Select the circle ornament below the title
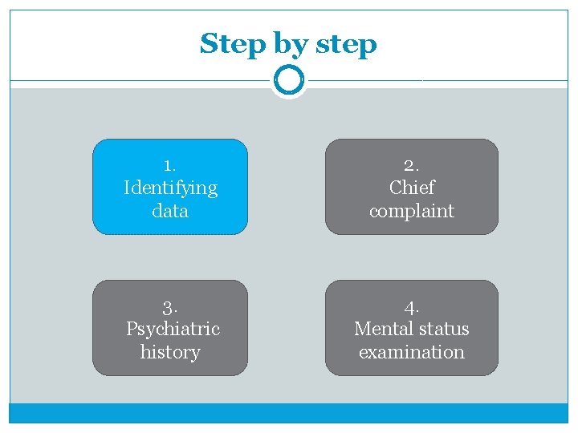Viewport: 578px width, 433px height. [x=288, y=80]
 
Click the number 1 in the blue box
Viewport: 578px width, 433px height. [x=169, y=165]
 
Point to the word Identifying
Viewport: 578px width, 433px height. [x=170, y=188]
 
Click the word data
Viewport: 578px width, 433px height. [x=170, y=211]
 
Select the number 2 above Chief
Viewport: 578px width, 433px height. [x=410, y=165]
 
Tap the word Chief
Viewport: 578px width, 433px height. [x=412, y=188]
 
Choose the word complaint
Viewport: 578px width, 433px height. [x=412, y=211]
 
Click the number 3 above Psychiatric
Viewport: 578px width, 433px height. [x=169, y=307]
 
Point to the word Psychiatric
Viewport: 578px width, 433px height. [x=173, y=329]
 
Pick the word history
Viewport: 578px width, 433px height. [x=170, y=352]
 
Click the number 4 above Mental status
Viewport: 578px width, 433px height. [x=411, y=307]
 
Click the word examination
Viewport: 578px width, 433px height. [x=412, y=352]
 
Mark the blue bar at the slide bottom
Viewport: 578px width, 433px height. [x=288, y=412]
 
